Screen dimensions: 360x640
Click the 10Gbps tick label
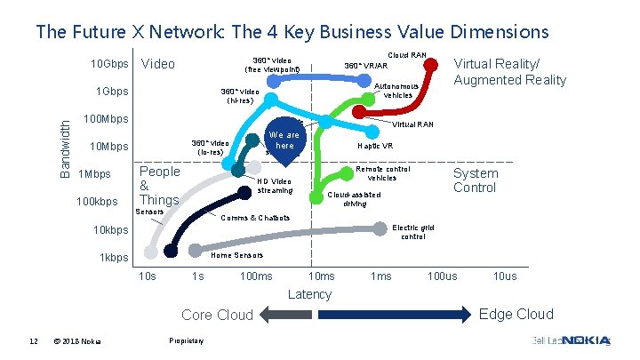click(x=111, y=65)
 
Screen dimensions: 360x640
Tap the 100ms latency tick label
click(x=256, y=276)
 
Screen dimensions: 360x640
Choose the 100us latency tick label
click(x=443, y=276)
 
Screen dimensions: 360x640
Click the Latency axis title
click(x=310, y=294)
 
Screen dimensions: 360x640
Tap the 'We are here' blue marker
click(x=284, y=142)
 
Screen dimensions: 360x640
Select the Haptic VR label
click(x=376, y=145)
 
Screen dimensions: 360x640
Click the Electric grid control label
click(x=413, y=231)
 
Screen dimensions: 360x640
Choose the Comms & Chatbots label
click(x=255, y=218)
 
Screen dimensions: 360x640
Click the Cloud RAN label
click(x=408, y=55)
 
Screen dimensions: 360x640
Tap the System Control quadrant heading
click(x=476, y=180)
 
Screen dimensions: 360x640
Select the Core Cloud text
click(x=217, y=315)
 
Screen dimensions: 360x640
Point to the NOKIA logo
click(x=588, y=340)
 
